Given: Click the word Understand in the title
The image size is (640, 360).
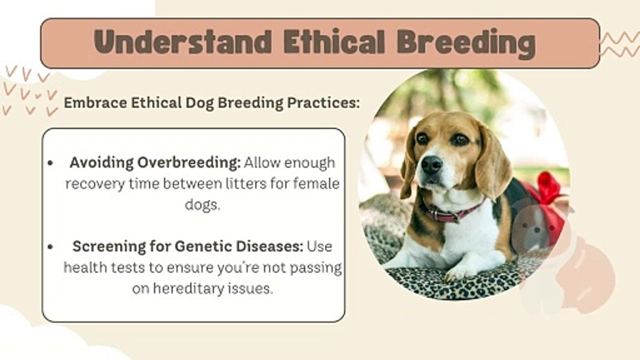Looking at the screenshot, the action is click(182, 42).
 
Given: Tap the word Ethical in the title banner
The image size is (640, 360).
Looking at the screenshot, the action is click(333, 42).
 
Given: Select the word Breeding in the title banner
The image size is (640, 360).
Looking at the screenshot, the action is click(466, 43).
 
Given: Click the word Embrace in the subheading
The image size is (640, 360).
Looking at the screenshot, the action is click(95, 102).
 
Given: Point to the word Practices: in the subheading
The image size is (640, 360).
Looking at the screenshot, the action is click(323, 102).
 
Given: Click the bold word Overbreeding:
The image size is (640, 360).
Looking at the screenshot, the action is click(189, 163).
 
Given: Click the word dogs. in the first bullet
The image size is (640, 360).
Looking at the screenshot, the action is click(202, 204).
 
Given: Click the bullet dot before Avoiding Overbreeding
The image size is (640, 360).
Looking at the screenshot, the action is click(50, 163).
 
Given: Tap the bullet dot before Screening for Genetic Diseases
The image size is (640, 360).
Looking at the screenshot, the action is click(50, 246).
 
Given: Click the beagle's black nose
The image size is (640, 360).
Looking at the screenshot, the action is click(431, 165).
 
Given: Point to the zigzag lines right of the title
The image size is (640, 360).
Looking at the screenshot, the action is click(620, 44).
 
